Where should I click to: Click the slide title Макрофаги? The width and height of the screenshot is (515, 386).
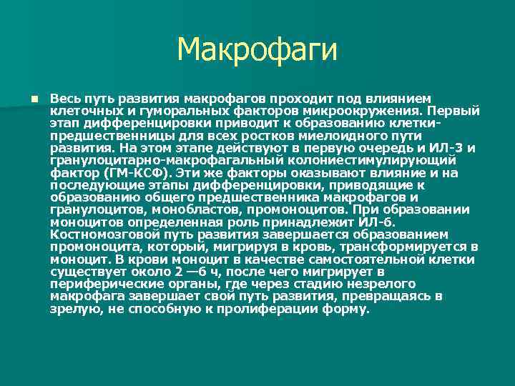coord(257,50)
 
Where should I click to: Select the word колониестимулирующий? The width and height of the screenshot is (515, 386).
coord(381,160)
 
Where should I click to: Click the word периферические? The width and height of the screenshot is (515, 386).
coord(104,284)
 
